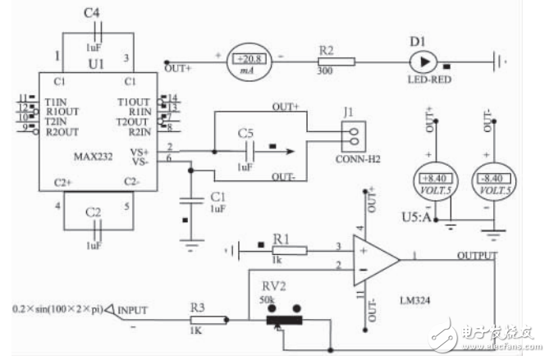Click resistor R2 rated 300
tap(336, 61)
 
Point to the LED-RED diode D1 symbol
tap(423, 61)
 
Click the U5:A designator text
tap(423, 218)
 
